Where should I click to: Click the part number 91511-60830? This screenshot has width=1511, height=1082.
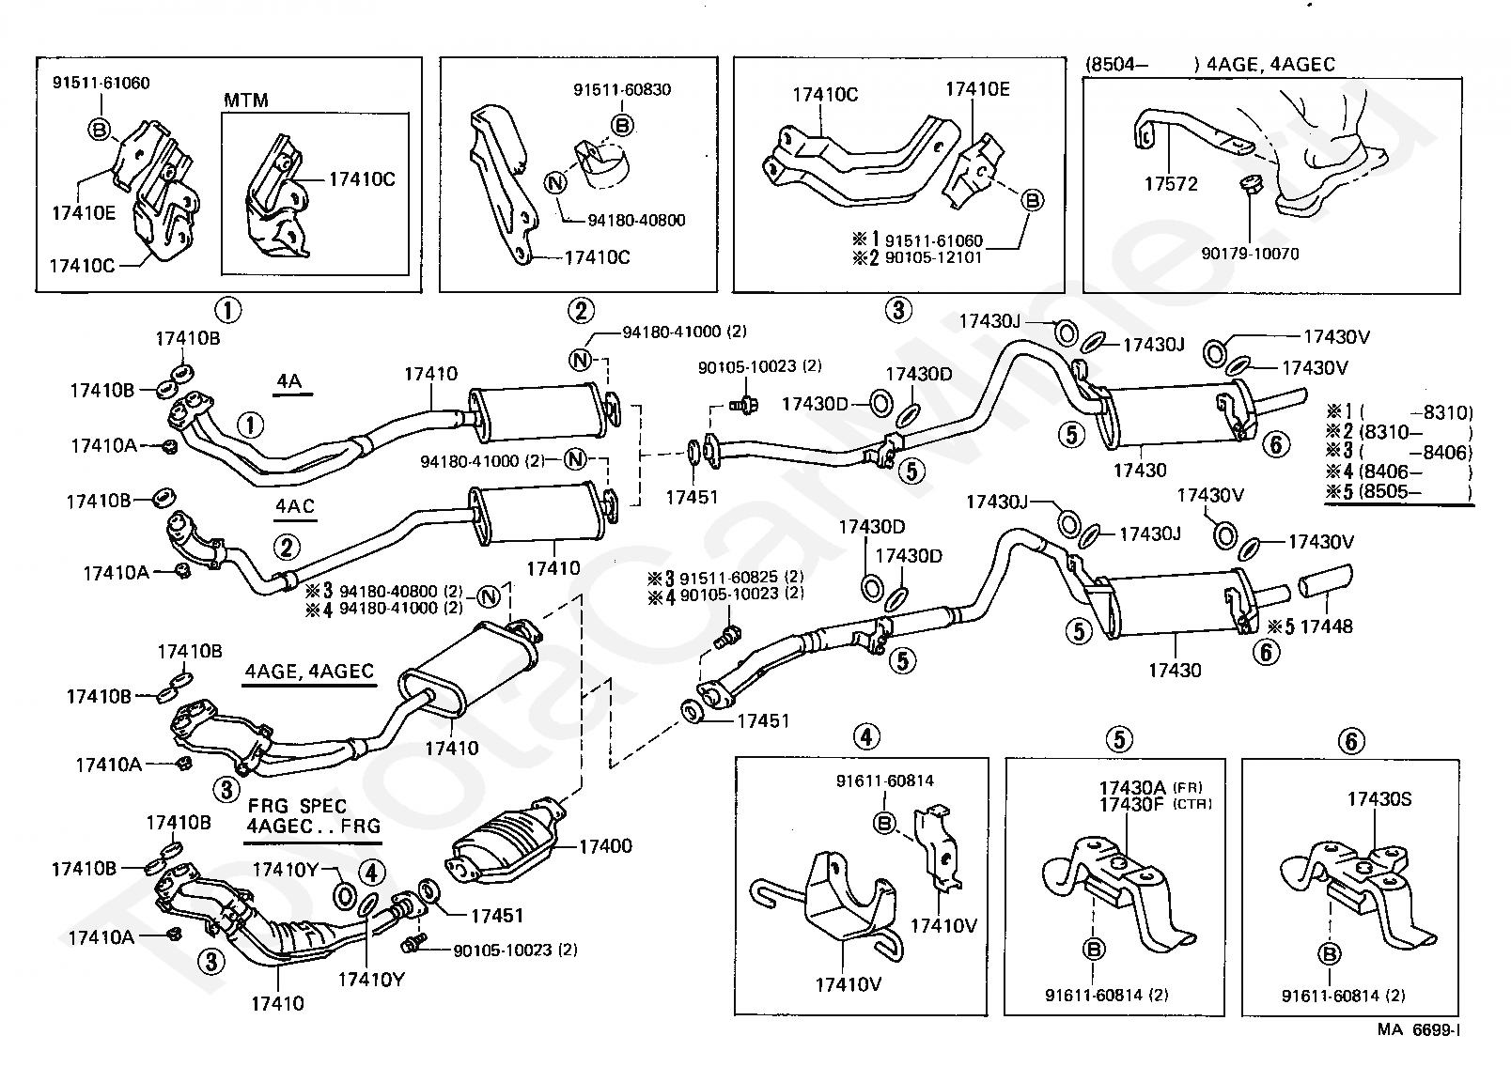point(622,89)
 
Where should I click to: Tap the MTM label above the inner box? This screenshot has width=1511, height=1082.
point(246,100)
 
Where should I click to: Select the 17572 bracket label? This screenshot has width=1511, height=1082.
point(1171,183)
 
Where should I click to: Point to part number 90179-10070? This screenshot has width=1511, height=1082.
point(1250,255)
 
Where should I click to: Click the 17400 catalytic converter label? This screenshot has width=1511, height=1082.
point(606,846)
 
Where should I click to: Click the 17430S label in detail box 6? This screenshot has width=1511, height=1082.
point(1379,799)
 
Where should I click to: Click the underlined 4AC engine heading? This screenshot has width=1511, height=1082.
point(295,506)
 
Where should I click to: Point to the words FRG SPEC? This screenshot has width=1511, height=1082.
point(298,806)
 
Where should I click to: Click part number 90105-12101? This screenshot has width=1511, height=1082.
point(934,257)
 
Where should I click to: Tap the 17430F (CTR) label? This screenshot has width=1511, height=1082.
point(1155,804)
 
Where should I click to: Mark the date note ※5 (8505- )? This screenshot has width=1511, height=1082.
point(1399,491)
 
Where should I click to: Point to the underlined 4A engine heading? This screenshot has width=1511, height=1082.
point(288,381)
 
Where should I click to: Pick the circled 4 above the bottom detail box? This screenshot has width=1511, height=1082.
point(866,737)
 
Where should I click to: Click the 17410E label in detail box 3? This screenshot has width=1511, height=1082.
point(977,89)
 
